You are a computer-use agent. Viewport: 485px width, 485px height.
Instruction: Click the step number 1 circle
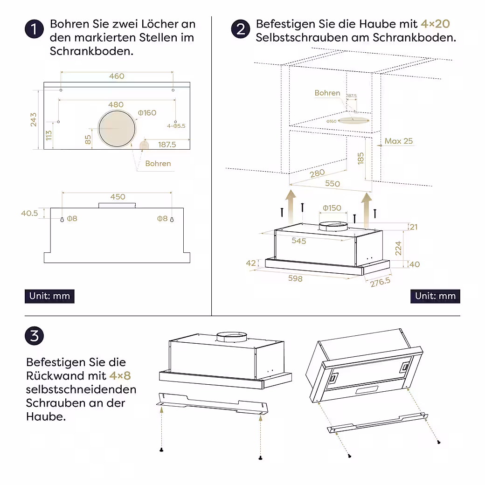(x=34, y=29)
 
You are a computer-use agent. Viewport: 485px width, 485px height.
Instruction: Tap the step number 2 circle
(x=241, y=29)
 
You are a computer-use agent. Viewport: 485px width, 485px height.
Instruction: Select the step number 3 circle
(x=35, y=336)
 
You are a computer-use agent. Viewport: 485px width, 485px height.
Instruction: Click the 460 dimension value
(x=117, y=76)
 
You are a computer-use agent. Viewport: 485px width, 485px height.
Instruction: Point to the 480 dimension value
(x=116, y=104)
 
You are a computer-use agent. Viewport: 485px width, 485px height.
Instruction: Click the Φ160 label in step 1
(x=147, y=113)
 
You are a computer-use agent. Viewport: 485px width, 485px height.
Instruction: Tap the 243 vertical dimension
(x=34, y=119)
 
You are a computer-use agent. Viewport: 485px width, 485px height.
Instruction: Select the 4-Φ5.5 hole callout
(x=176, y=126)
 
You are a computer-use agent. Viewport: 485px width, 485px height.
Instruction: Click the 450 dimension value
(x=118, y=197)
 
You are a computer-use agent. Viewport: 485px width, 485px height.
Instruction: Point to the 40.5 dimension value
(x=29, y=213)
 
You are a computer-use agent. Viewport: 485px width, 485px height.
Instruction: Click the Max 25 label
(x=398, y=141)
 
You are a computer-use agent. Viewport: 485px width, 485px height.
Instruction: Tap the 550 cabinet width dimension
(x=333, y=183)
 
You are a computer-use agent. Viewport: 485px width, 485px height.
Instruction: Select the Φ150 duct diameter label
(x=332, y=208)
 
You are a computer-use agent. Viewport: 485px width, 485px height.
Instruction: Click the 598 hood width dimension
(x=295, y=278)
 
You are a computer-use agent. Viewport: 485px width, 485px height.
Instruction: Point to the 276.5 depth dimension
(x=380, y=282)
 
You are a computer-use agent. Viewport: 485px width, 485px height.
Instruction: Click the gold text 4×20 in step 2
(x=436, y=24)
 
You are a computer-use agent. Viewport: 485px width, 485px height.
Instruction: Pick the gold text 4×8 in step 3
(x=120, y=375)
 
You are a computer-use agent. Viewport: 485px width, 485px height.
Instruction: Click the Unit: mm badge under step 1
(x=49, y=296)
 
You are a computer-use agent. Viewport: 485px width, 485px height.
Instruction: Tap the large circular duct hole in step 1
(x=117, y=128)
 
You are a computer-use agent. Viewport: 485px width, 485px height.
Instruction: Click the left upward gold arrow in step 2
(x=290, y=207)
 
